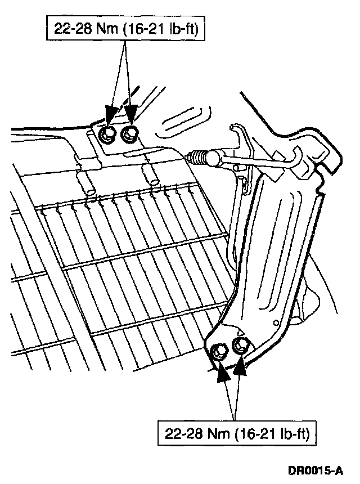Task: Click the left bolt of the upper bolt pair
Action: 106,133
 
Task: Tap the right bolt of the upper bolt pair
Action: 130,133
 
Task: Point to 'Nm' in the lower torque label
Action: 214,434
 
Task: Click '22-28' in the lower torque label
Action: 182,434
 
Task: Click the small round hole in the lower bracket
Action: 275,322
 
